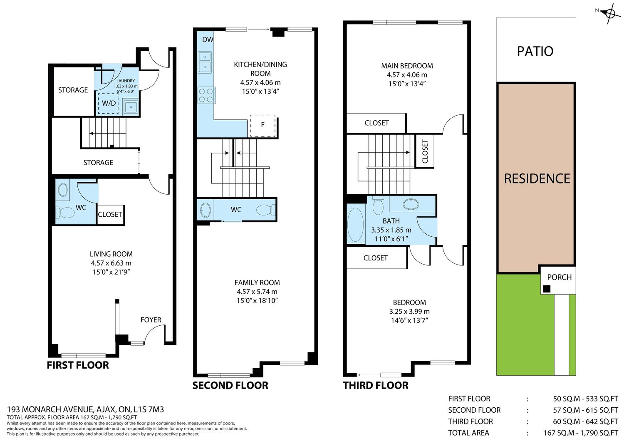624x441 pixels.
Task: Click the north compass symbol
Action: click(610, 13)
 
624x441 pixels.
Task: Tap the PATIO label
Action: click(535, 51)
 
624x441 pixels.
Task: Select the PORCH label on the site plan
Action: click(559, 277)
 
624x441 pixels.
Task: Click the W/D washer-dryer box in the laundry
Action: click(108, 103)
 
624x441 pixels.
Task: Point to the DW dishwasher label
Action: click(208, 40)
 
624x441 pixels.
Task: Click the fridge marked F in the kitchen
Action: click(262, 125)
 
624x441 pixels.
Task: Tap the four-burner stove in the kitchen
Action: click(206, 95)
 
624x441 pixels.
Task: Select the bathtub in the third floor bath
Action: click(355, 225)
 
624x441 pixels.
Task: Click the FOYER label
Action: click(151, 320)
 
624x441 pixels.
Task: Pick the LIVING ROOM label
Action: click(111, 254)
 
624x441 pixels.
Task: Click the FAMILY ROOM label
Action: click(257, 282)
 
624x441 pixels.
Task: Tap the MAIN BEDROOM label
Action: click(407, 66)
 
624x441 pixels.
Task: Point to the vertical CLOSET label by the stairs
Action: click(425, 151)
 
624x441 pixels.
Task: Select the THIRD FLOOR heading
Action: click(376, 385)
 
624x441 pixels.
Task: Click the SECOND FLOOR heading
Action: click(230, 385)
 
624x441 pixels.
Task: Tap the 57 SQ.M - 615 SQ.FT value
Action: click(585, 410)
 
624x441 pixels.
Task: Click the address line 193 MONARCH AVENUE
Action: click(85, 409)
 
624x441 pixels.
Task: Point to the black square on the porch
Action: click(547, 289)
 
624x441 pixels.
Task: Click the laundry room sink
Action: click(130, 107)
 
